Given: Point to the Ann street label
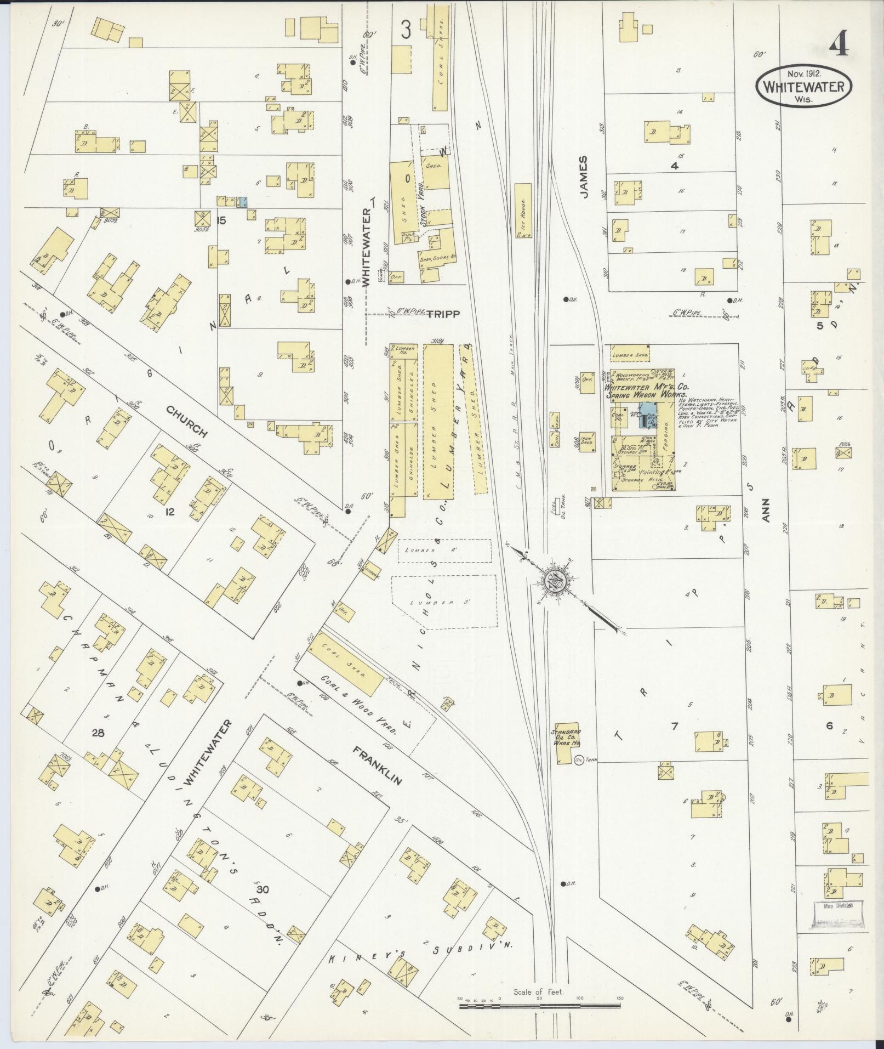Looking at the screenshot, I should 766,509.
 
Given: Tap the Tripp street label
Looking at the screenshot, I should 442,314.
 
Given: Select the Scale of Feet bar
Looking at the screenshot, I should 540,1006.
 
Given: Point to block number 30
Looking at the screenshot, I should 262,889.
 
